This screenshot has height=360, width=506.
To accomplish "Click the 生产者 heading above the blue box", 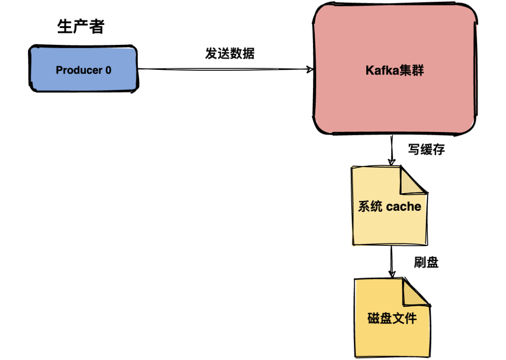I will (x=80, y=27).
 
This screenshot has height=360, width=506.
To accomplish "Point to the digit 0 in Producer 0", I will (x=108, y=70).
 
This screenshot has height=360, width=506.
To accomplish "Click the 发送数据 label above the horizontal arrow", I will (x=230, y=53).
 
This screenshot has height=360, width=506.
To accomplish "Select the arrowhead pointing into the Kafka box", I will (x=310, y=70).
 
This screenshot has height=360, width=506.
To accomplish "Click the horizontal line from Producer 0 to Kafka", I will (x=225, y=70).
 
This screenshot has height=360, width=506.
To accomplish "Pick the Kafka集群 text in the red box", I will (x=394, y=71).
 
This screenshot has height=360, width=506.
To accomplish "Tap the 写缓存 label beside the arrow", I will (x=426, y=150).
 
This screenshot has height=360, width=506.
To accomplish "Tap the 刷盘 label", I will (x=426, y=262).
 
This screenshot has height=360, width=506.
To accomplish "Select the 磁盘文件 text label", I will (x=392, y=319).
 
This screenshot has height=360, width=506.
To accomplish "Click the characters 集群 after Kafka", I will (x=411, y=71).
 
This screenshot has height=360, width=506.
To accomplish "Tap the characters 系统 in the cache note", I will (x=370, y=206).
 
